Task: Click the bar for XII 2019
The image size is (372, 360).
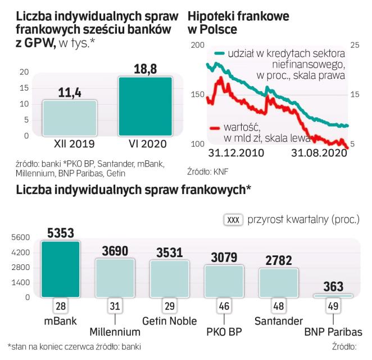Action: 70,118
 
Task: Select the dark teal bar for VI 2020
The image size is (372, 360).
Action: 144,106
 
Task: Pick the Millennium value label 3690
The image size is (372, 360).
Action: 114,251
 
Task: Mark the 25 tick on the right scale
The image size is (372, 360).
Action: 354,45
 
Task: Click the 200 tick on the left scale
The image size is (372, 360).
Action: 196,45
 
